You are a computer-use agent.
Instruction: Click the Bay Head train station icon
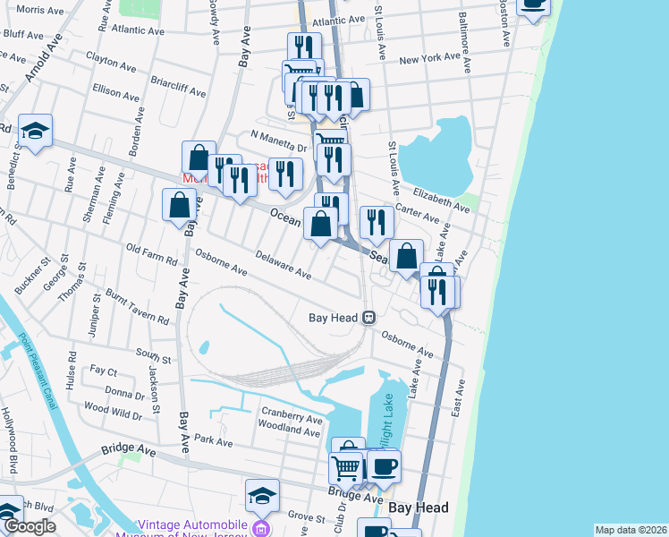point(368,318)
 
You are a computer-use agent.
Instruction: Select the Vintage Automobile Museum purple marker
point(259,529)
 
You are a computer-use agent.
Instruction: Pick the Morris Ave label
point(40,10)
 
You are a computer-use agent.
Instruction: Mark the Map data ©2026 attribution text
point(631,530)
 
